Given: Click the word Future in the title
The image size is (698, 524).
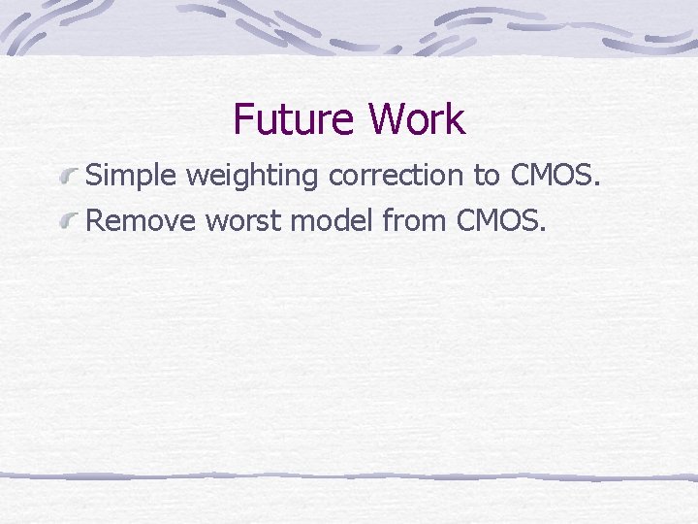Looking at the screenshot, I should (293, 119).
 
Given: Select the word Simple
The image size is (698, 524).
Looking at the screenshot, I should (132, 177).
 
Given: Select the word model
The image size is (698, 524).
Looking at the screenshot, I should (333, 221).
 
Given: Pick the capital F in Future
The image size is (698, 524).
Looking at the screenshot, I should (243, 119).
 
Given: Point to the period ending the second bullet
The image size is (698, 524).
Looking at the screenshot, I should (543, 231).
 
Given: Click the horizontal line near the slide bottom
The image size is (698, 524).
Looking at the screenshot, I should (349, 476).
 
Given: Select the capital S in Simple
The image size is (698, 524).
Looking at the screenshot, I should (94, 177).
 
